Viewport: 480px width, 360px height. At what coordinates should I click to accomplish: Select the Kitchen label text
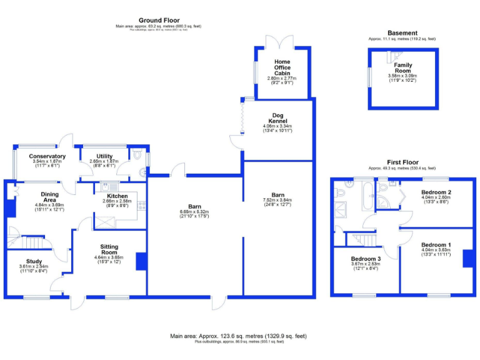coord(117,196)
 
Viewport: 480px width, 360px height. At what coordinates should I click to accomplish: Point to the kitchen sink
coord(106,186)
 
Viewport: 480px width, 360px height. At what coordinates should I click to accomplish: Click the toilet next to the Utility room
coord(137,154)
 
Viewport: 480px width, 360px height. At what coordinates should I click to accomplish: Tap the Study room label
coord(34,261)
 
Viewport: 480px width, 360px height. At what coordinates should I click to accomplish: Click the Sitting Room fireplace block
coord(141,260)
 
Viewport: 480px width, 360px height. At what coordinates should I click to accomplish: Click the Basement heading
coord(402,32)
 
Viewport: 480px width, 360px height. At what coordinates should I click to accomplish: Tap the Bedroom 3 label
coord(365,259)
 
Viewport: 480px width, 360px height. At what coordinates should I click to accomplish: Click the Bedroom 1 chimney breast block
coord(467,258)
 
